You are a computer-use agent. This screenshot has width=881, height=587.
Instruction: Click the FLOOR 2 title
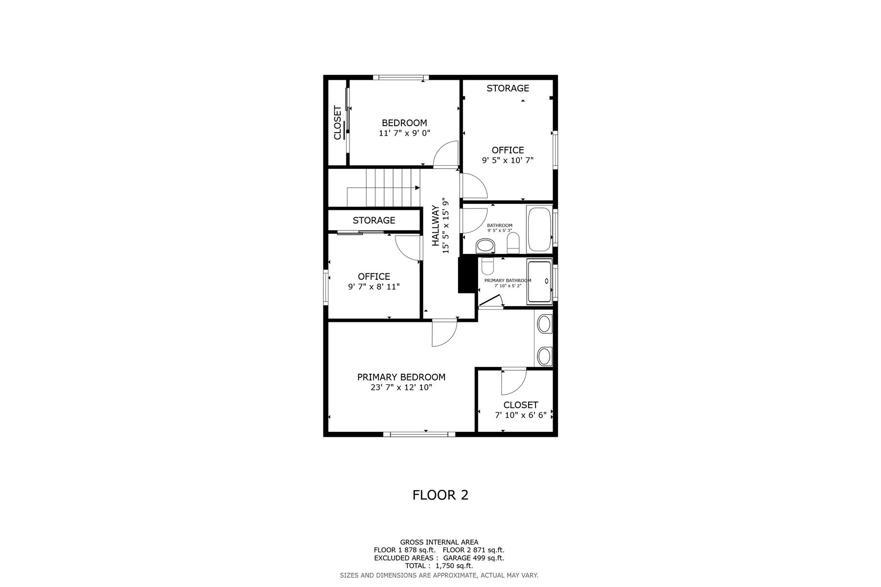pos(440,495)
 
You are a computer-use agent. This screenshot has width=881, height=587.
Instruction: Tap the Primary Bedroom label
pos(401,377)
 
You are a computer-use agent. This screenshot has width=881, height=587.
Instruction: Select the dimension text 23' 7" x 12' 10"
pos(401,387)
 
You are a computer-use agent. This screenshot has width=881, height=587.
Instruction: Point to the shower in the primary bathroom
pos(539,282)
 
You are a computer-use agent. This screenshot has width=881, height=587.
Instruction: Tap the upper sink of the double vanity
pos(544,323)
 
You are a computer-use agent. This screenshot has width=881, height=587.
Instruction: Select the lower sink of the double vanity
pos(544,356)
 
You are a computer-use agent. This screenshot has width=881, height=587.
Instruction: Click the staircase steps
pos(384,188)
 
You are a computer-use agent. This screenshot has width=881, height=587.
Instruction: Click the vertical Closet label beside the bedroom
pos(337,123)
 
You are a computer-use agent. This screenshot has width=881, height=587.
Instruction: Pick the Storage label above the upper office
pos(508,88)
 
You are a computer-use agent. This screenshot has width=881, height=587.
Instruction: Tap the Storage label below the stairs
pos(374,220)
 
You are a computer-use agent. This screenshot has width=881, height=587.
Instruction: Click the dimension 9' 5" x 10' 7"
pos(508,160)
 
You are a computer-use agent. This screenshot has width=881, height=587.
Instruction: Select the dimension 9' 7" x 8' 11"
pos(374,287)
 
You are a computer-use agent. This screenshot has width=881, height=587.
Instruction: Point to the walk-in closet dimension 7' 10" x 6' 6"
pos(521,415)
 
